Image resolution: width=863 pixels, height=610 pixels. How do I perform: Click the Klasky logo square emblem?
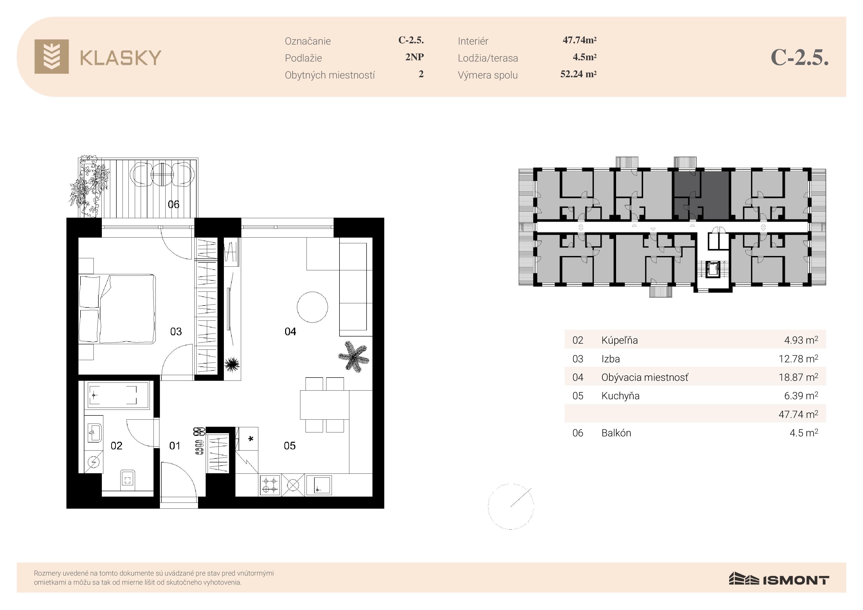click(x=51, y=56)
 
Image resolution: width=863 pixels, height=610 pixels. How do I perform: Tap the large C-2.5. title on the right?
click(x=800, y=58)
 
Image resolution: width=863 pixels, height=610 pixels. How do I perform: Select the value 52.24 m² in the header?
click(x=578, y=74)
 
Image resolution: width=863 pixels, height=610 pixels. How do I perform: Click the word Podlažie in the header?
click(x=303, y=58)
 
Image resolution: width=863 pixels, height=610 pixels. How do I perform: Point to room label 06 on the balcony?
click(x=173, y=204)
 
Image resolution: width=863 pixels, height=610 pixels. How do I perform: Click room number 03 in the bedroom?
click(x=176, y=332)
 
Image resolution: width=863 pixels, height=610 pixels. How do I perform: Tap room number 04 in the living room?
click(x=290, y=332)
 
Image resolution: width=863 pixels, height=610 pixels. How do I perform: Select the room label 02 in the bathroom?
click(x=117, y=446)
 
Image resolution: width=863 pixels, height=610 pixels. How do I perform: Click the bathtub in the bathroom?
click(x=118, y=395)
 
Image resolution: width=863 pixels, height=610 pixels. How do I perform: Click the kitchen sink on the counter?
click(x=319, y=485)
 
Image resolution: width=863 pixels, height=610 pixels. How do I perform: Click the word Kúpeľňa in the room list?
click(x=619, y=340)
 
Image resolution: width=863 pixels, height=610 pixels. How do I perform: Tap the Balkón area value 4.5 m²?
click(x=804, y=433)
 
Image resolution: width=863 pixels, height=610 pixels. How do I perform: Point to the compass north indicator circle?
click(x=510, y=506)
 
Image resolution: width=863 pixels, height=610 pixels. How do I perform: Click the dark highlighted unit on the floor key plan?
click(x=701, y=195)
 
